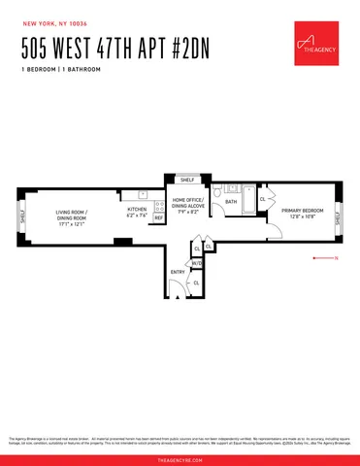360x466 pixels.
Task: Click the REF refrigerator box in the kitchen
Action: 158,218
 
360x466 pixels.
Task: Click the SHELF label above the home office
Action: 187,180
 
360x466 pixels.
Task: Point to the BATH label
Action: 231,202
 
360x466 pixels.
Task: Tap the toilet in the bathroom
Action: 220,193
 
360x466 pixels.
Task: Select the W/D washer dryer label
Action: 196,262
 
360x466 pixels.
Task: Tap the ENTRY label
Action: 178,273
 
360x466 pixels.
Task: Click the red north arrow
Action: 323,258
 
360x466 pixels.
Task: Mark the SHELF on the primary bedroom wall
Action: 337,219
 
